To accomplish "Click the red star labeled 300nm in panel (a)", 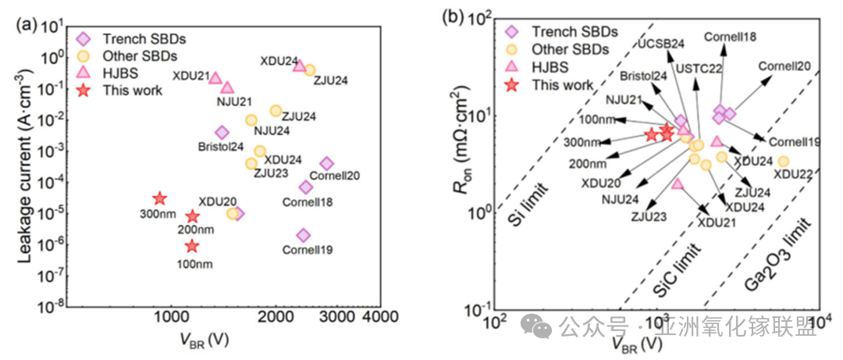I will coord(159,199).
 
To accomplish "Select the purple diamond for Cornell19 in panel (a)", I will coord(304,235).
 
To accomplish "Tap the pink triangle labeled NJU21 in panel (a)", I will coord(227,87).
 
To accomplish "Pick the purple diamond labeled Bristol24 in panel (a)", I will coord(222,133).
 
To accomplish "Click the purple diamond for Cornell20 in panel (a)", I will coord(326,163).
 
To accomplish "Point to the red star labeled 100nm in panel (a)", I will coord(192,246).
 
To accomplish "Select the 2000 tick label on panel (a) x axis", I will coord(276,319).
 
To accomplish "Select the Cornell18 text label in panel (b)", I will coord(730,36).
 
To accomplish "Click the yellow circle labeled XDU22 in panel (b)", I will coord(783,162).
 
